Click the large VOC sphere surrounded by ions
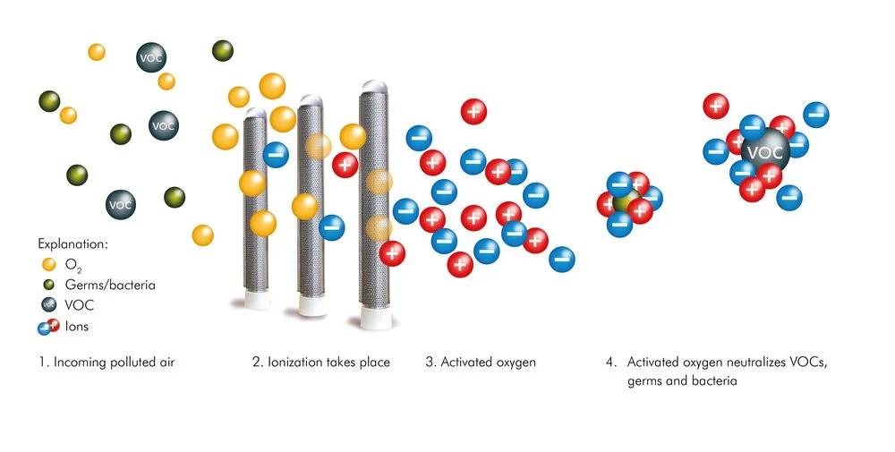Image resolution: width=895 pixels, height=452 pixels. click(x=763, y=151)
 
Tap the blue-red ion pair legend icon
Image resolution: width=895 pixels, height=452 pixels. click(x=47, y=327)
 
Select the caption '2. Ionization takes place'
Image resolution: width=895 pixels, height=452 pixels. click(x=320, y=362)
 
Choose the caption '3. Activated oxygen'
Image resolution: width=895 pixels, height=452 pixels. click(x=481, y=362)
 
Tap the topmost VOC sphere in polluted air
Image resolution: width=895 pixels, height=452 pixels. click(x=149, y=56)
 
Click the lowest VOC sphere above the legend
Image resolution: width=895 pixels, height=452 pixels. click(x=122, y=204)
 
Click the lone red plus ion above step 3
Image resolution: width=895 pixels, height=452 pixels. click(x=473, y=111)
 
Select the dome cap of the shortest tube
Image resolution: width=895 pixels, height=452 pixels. click(x=256, y=113)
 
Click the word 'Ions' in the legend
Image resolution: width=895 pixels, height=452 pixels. click(x=77, y=327)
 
